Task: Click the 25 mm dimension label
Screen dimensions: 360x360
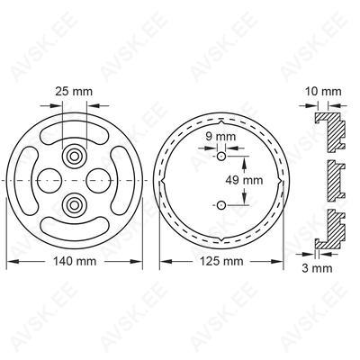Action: point(74,92)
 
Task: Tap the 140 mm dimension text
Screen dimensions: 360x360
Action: point(75,261)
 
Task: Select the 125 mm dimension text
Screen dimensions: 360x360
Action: point(221,261)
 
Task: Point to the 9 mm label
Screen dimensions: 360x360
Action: point(220,137)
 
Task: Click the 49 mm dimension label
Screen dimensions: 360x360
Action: point(244,180)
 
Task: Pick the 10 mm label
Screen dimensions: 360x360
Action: point(323,92)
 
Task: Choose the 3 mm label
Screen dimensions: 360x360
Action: point(317,268)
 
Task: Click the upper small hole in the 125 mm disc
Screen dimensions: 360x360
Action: point(221,156)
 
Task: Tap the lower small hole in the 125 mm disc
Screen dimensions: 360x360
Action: point(221,205)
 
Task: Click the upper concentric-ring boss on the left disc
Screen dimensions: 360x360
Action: point(74,156)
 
